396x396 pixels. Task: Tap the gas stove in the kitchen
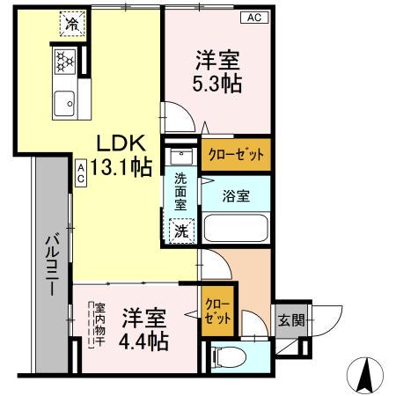tap(64, 62)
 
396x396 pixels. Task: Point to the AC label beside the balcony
tap(81, 172)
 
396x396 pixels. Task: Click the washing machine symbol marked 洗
tap(180, 231)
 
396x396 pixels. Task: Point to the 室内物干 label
tap(99, 325)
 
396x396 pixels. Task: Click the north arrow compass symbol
tap(367, 377)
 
